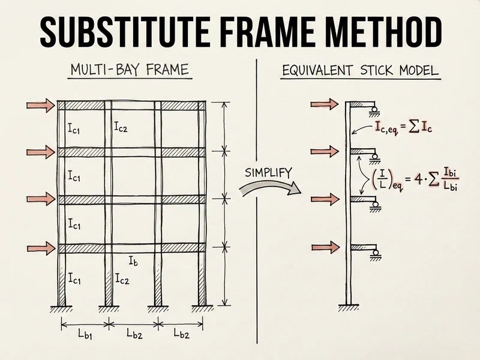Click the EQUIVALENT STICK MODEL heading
pos(360,71)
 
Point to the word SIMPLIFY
pos(268,173)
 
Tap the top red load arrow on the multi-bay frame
pos(41,106)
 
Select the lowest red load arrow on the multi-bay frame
pos(41,247)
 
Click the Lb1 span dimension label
pos(84,334)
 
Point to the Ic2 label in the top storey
pos(121,127)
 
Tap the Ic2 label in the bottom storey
pos(121,278)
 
